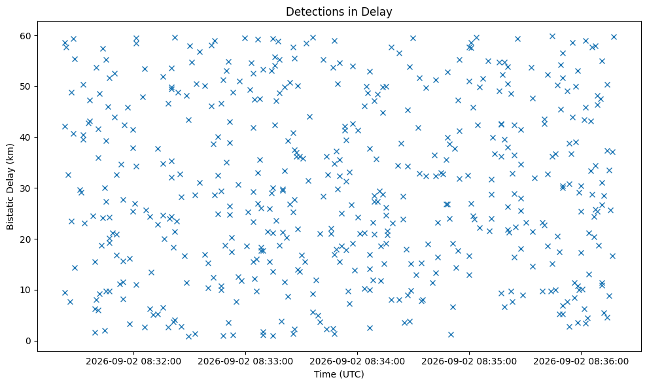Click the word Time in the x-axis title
[324, 374]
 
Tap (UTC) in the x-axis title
[351, 374]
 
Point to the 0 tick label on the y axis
[29, 341]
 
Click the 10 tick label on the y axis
[26, 290]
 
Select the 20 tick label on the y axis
[26, 239]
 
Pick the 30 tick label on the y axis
[26, 188]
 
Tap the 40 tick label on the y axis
[26, 137]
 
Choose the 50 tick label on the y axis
[26, 87]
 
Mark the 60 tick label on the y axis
[26, 36]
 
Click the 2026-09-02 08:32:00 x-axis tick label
[133, 362]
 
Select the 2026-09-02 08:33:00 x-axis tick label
[245, 362]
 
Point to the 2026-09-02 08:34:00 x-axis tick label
[357, 362]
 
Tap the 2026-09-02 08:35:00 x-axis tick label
[469, 362]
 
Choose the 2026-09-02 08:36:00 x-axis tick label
[581, 362]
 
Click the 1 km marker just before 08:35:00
[451, 334]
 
